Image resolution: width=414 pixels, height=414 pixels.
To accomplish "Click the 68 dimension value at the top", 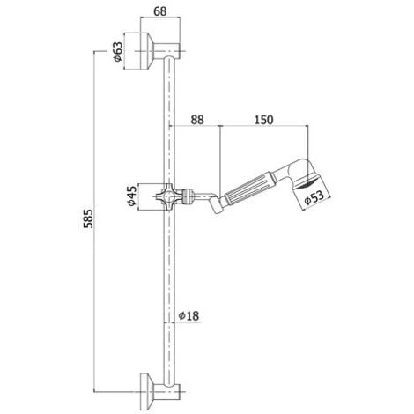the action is tap(160, 11).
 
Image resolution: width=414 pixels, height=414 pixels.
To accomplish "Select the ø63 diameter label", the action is tap(118, 52).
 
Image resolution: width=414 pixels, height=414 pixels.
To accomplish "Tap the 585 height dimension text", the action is tap(88, 218).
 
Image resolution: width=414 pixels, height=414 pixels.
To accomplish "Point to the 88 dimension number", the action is tap(197, 120).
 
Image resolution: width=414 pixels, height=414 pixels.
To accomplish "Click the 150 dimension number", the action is tap(263, 120).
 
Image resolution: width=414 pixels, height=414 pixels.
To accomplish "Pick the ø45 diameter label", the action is tap(132, 196).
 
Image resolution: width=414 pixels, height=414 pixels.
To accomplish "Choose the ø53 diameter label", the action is tap(314, 197).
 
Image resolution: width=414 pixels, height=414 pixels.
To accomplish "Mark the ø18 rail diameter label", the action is tap(189, 315).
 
